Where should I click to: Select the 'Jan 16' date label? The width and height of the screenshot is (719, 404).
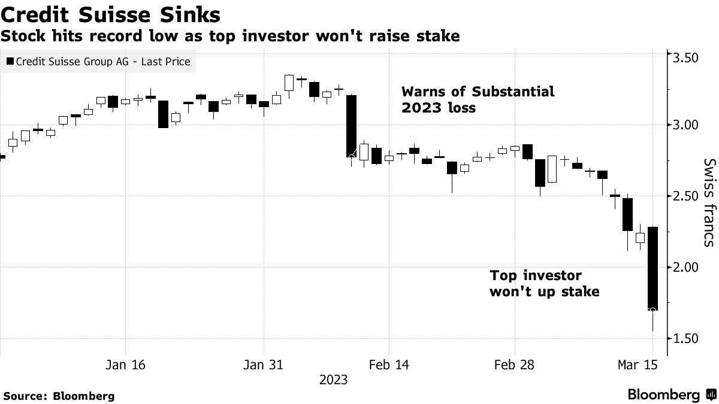pyautogui.click(x=126, y=364)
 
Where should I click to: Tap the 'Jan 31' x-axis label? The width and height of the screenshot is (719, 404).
pyautogui.click(x=264, y=364)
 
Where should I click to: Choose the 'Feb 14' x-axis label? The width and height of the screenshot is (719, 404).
pyautogui.click(x=389, y=364)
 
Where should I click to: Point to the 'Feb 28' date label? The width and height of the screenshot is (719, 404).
pyautogui.click(x=515, y=364)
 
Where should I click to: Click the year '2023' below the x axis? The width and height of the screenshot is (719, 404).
pyautogui.click(x=333, y=380)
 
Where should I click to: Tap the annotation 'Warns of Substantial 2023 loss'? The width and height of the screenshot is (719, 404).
pyautogui.click(x=478, y=100)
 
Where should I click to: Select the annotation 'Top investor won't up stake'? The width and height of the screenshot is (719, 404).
pyautogui.click(x=544, y=284)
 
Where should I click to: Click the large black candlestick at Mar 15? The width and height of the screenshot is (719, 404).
pyautogui.click(x=652, y=268)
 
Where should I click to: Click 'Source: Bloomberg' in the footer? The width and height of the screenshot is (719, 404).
pyautogui.click(x=59, y=396)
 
